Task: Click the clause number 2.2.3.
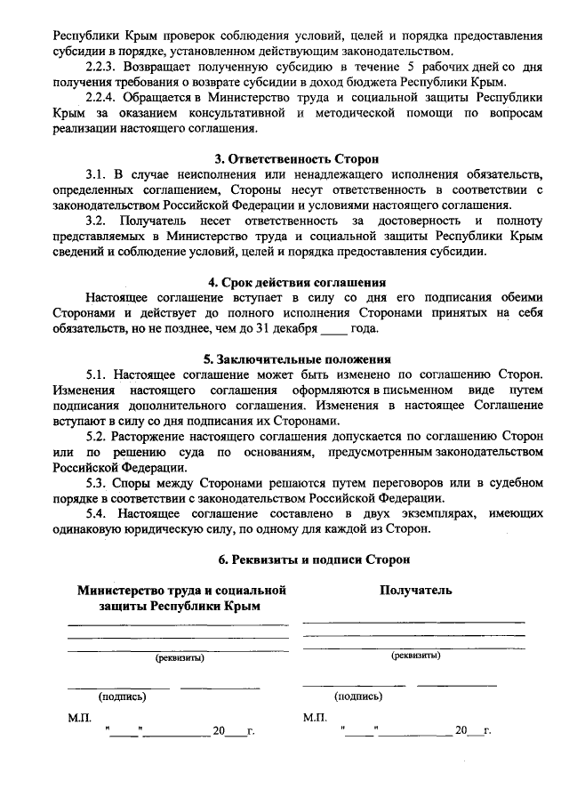(101, 67)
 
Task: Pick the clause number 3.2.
(96, 220)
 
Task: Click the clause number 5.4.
(96, 513)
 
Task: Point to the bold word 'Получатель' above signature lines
(416, 590)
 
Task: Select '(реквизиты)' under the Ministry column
(180, 658)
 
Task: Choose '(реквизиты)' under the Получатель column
(416, 655)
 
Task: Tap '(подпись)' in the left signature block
(122, 697)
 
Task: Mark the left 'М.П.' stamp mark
(79, 716)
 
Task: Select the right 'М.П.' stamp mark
(315, 716)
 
